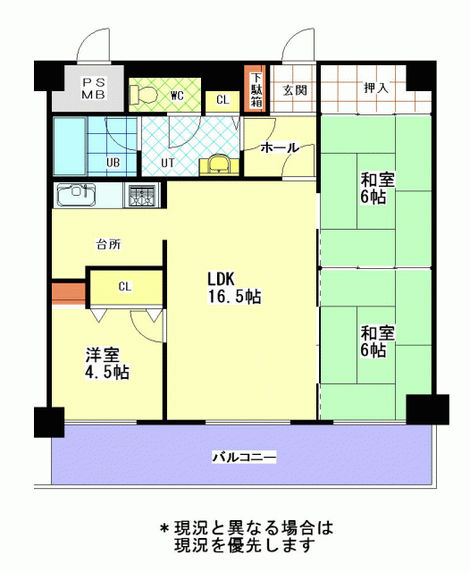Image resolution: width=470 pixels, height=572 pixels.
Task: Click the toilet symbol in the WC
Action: point(143,95)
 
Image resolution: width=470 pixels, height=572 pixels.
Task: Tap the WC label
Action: point(177,97)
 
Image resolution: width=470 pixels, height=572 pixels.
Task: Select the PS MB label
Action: point(93,88)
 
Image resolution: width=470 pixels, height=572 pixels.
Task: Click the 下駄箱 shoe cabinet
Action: point(256,89)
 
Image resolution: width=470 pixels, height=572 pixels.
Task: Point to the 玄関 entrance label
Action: point(295,89)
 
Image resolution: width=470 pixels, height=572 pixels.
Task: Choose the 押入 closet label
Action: point(376,88)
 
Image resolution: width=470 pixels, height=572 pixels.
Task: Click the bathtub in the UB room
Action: point(70,146)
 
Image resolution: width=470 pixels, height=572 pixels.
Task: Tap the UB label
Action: point(113,162)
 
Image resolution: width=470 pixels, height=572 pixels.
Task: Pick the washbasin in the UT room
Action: point(219,165)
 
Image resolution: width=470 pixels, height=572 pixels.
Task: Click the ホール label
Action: point(280,147)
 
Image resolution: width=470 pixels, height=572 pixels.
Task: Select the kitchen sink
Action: point(76,194)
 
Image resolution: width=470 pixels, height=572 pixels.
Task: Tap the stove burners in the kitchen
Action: point(142,195)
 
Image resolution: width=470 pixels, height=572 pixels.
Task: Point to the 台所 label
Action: point(108,244)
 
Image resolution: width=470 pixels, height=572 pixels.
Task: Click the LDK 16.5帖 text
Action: point(234,288)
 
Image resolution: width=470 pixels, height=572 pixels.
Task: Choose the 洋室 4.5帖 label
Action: point(107,363)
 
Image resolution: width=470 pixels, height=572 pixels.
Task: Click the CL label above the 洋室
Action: point(125,287)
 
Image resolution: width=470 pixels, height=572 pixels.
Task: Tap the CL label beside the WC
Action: point(222,99)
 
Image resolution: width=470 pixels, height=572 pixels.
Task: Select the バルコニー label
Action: point(244,457)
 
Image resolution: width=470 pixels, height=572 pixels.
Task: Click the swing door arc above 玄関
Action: point(295,42)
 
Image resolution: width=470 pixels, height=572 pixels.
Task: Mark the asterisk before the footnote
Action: point(164,528)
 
